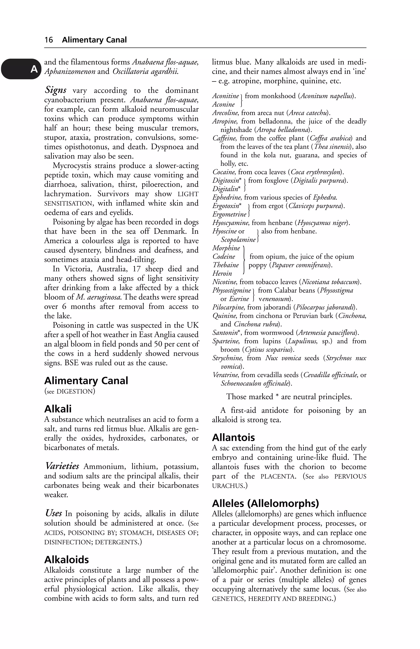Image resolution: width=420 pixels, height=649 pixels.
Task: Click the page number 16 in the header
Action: (49, 40)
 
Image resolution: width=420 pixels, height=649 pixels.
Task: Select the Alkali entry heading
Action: (58, 409)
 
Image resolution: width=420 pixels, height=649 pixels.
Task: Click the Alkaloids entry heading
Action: (66, 560)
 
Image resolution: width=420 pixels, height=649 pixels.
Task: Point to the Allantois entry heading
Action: (233, 437)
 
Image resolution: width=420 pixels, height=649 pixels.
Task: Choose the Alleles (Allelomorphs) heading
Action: (265, 503)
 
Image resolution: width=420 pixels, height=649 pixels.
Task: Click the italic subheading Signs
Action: (56, 90)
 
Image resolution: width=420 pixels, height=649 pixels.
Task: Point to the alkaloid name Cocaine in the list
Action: (224, 172)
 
